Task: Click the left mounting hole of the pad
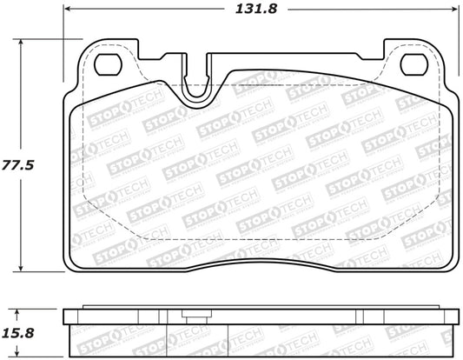pyautogui.click(x=109, y=63)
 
